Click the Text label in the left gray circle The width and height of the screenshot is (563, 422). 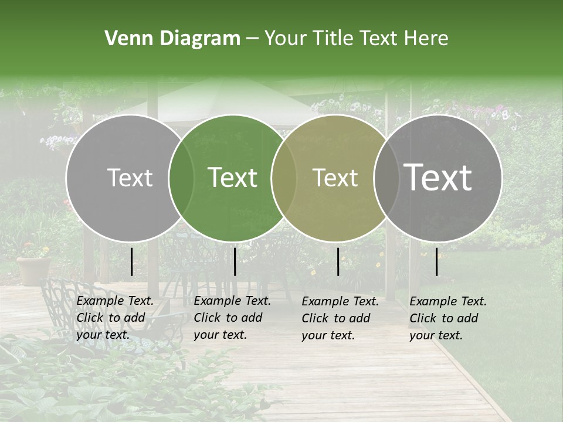(x=130, y=178)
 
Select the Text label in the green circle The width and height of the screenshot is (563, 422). (x=233, y=178)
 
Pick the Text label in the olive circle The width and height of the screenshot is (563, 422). (x=335, y=178)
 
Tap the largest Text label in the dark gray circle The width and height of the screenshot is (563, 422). (x=438, y=178)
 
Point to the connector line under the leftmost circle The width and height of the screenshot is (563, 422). (x=131, y=261)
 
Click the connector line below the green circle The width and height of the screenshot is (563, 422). (x=235, y=261)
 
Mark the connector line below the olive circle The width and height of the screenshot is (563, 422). (x=338, y=261)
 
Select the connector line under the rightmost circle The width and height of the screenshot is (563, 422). (x=436, y=261)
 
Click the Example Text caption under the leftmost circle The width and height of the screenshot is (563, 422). (x=114, y=318)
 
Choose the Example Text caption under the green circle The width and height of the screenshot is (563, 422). (x=232, y=318)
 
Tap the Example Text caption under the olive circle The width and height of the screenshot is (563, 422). (x=340, y=318)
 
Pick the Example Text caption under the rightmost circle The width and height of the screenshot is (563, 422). (x=447, y=318)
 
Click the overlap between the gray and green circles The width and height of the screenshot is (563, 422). (x=181, y=178)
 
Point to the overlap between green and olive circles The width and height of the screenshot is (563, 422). (x=284, y=178)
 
